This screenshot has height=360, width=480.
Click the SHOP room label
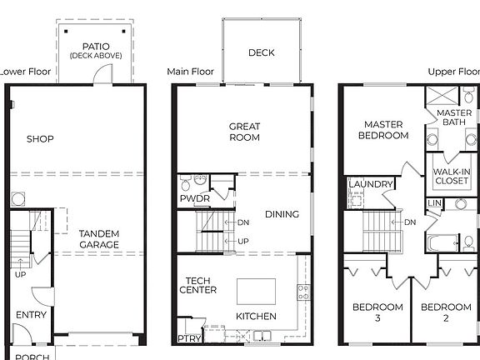[40, 139]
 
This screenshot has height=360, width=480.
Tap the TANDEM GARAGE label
[98, 239]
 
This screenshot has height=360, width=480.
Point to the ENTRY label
[31, 314]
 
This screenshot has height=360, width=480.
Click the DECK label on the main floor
[262, 53]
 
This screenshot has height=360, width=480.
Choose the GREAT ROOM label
[245, 132]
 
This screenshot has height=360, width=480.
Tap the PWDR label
[194, 199]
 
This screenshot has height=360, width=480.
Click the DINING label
[282, 215]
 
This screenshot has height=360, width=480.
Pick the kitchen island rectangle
[256, 291]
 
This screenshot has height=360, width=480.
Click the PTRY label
[188, 338]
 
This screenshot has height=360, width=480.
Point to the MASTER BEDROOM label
[383, 130]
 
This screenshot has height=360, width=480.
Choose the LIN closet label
[434, 203]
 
